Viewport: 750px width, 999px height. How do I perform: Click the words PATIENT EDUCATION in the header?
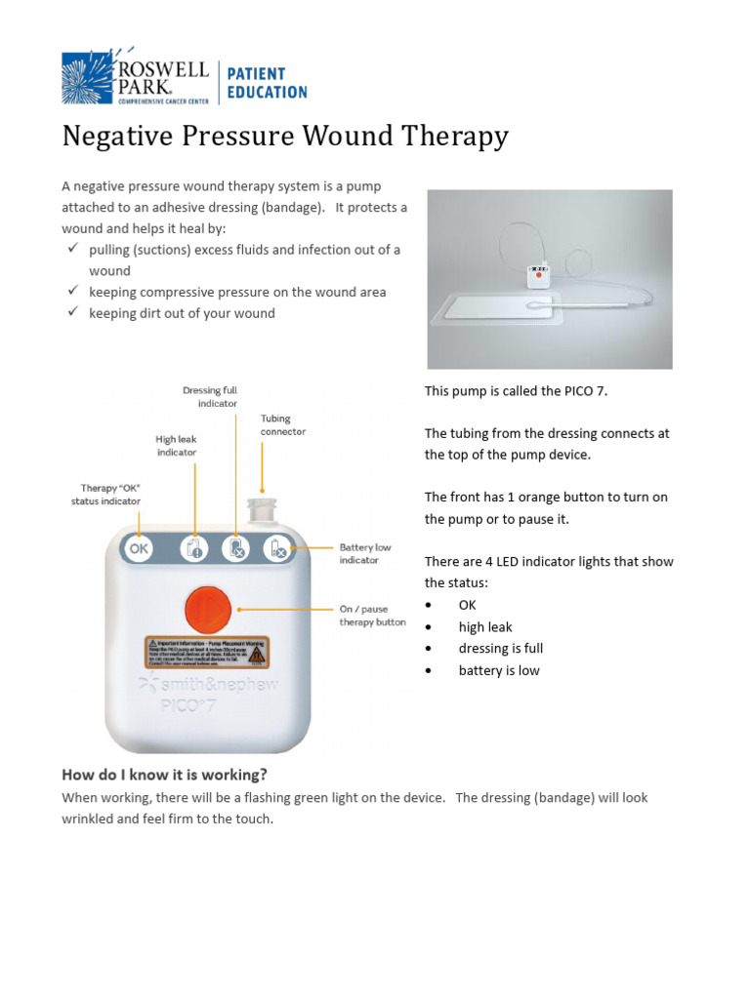(x=267, y=83)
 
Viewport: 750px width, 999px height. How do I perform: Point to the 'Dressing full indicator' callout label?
(x=210, y=396)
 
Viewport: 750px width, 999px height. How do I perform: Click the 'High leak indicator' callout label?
(x=176, y=446)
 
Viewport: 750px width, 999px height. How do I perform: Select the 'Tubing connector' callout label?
(x=282, y=424)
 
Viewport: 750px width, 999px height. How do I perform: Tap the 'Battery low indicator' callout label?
(x=358, y=553)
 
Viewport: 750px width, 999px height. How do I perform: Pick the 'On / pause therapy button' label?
(x=371, y=616)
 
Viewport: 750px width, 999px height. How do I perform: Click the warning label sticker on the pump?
(x=207, y=651)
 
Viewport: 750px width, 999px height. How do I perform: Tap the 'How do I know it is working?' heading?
(x=164, y=776)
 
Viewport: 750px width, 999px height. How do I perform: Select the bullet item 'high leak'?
(x=485, y=627)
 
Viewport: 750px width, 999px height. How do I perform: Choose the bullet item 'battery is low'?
(x=499, y=670)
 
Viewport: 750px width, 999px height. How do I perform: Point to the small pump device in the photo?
(x=537, y=275)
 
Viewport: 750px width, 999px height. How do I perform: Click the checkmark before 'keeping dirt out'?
(x=73, y=313)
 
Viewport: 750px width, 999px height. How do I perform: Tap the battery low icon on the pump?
(x=278, y=550)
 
